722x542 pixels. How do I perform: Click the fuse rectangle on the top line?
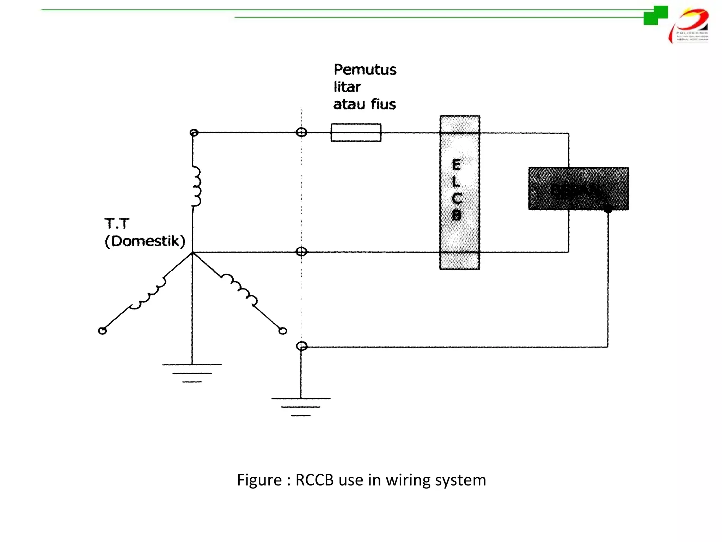click(x=356, y=133)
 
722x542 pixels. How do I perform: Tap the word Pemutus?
click(x=365, y=70)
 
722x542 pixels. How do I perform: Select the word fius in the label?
click(x=383, y=104)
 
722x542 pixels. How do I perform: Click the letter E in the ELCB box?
click(x=456, y=164)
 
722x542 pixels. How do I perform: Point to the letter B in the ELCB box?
click(x=456, y=215)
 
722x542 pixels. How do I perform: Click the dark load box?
click(x=578, y=189)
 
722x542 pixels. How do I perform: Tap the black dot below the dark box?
click(x=608, y=209)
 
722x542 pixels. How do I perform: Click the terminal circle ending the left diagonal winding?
click(x=102, y=331)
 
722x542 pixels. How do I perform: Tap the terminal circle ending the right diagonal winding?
click(x=283, y=331)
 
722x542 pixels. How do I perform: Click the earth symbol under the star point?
click(x=192, y=373)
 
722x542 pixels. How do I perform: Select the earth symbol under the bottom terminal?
click(x=301, y=406)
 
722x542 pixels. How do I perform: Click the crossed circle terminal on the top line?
click(x=301, y=132)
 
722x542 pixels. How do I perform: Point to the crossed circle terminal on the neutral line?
click(x=301, y=252)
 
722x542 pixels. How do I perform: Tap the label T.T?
click(x=117, y=224)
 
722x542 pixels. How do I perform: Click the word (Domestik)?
click(x=145, y=241)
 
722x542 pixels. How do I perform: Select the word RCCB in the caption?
click(x=314, y=480)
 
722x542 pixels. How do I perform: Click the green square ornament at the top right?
click(x=656, y=15)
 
